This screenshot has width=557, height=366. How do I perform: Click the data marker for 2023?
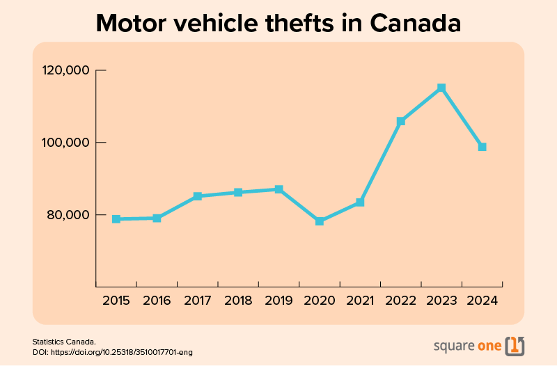point(441,88)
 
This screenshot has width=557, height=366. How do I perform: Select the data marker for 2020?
point(320,221)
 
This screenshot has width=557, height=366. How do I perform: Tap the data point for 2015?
point(116,219)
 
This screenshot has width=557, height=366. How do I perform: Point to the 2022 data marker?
point(401,121)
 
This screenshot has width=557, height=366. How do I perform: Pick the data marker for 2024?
point(482,147)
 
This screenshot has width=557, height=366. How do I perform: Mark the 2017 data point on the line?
point(198,196)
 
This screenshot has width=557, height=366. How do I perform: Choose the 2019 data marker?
point(278,189)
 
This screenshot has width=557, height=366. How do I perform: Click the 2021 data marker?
point(360,202)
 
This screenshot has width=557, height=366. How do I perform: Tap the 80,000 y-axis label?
point(67,214)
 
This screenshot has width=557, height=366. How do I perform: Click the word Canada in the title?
point(416,23)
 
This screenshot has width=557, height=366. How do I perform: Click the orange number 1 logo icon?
point(515,345)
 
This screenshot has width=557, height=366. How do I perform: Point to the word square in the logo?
point(453,346)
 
